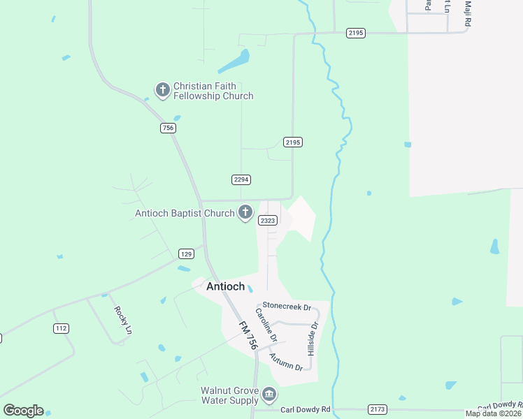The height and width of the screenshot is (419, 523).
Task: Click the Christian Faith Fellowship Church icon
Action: click(x=162, y=89)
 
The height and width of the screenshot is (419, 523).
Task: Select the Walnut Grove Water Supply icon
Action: click(x=268, y=396)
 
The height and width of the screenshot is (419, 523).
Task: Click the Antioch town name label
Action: click(x=225, y=286)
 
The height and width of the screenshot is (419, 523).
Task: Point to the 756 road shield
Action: click(x=167, y=128)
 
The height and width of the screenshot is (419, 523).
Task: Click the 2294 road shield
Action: click(x=241, y=179)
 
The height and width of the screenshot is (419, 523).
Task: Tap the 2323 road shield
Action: click(x=268, y=220)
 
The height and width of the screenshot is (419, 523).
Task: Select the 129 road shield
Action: click(x=185, y=253)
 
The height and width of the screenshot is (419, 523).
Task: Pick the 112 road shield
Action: click(x=61, y=328)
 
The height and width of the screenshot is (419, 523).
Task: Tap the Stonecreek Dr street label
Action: click(x=285, y=305)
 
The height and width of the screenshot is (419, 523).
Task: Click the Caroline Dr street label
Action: click(x=266, y=325)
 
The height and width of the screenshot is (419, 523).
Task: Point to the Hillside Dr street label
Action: click(x=313, y=339)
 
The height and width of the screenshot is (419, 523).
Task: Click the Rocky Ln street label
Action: click(x=122, y=321)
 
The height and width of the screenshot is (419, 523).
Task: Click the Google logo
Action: click(x=23, y=411)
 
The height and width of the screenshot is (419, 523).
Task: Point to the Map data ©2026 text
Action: click(x=492, y=413)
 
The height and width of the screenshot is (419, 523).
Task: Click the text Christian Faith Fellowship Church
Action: click(x=213, y=91)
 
